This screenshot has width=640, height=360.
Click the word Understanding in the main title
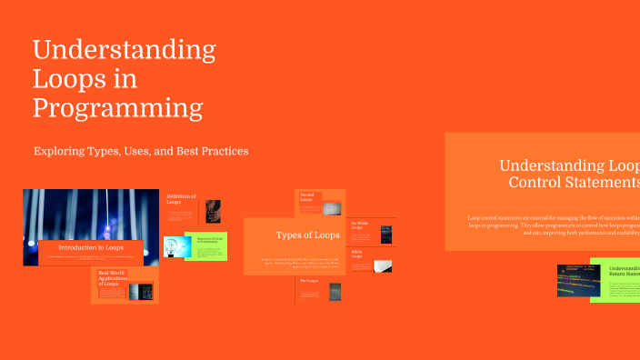pos(125,49)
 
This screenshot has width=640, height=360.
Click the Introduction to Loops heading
pos(91,247)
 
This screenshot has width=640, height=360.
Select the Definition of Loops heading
pos(181,199)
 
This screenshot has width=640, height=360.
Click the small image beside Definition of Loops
pos(213,210)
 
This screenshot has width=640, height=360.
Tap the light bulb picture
pos(174,246)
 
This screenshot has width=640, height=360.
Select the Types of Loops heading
pos(308,235)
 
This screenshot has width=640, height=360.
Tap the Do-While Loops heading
pos(361,225)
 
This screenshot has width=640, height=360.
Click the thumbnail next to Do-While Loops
pos(385,234)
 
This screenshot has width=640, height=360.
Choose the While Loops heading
pos(357,255)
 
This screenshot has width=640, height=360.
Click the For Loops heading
pos(310,282)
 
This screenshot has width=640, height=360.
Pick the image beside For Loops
pos(335,291)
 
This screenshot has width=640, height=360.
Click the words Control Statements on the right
pos(574,183)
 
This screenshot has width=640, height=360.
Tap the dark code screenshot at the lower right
pos(573,281)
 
